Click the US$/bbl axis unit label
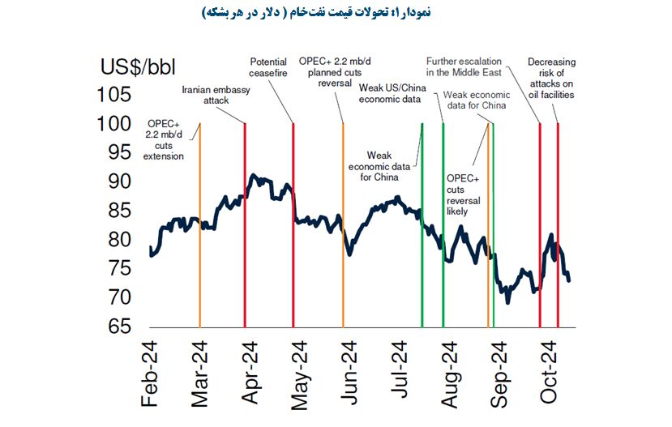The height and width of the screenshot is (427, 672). point(139,66)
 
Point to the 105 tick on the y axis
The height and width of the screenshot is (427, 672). point(114,95)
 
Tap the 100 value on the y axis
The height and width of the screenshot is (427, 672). point(114,124)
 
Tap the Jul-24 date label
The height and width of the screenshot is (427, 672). point(400,374)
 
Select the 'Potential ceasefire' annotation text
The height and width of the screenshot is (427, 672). point(268,66)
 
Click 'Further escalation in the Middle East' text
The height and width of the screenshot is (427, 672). point(464,66)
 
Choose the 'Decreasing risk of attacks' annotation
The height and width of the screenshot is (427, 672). point(550,78)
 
